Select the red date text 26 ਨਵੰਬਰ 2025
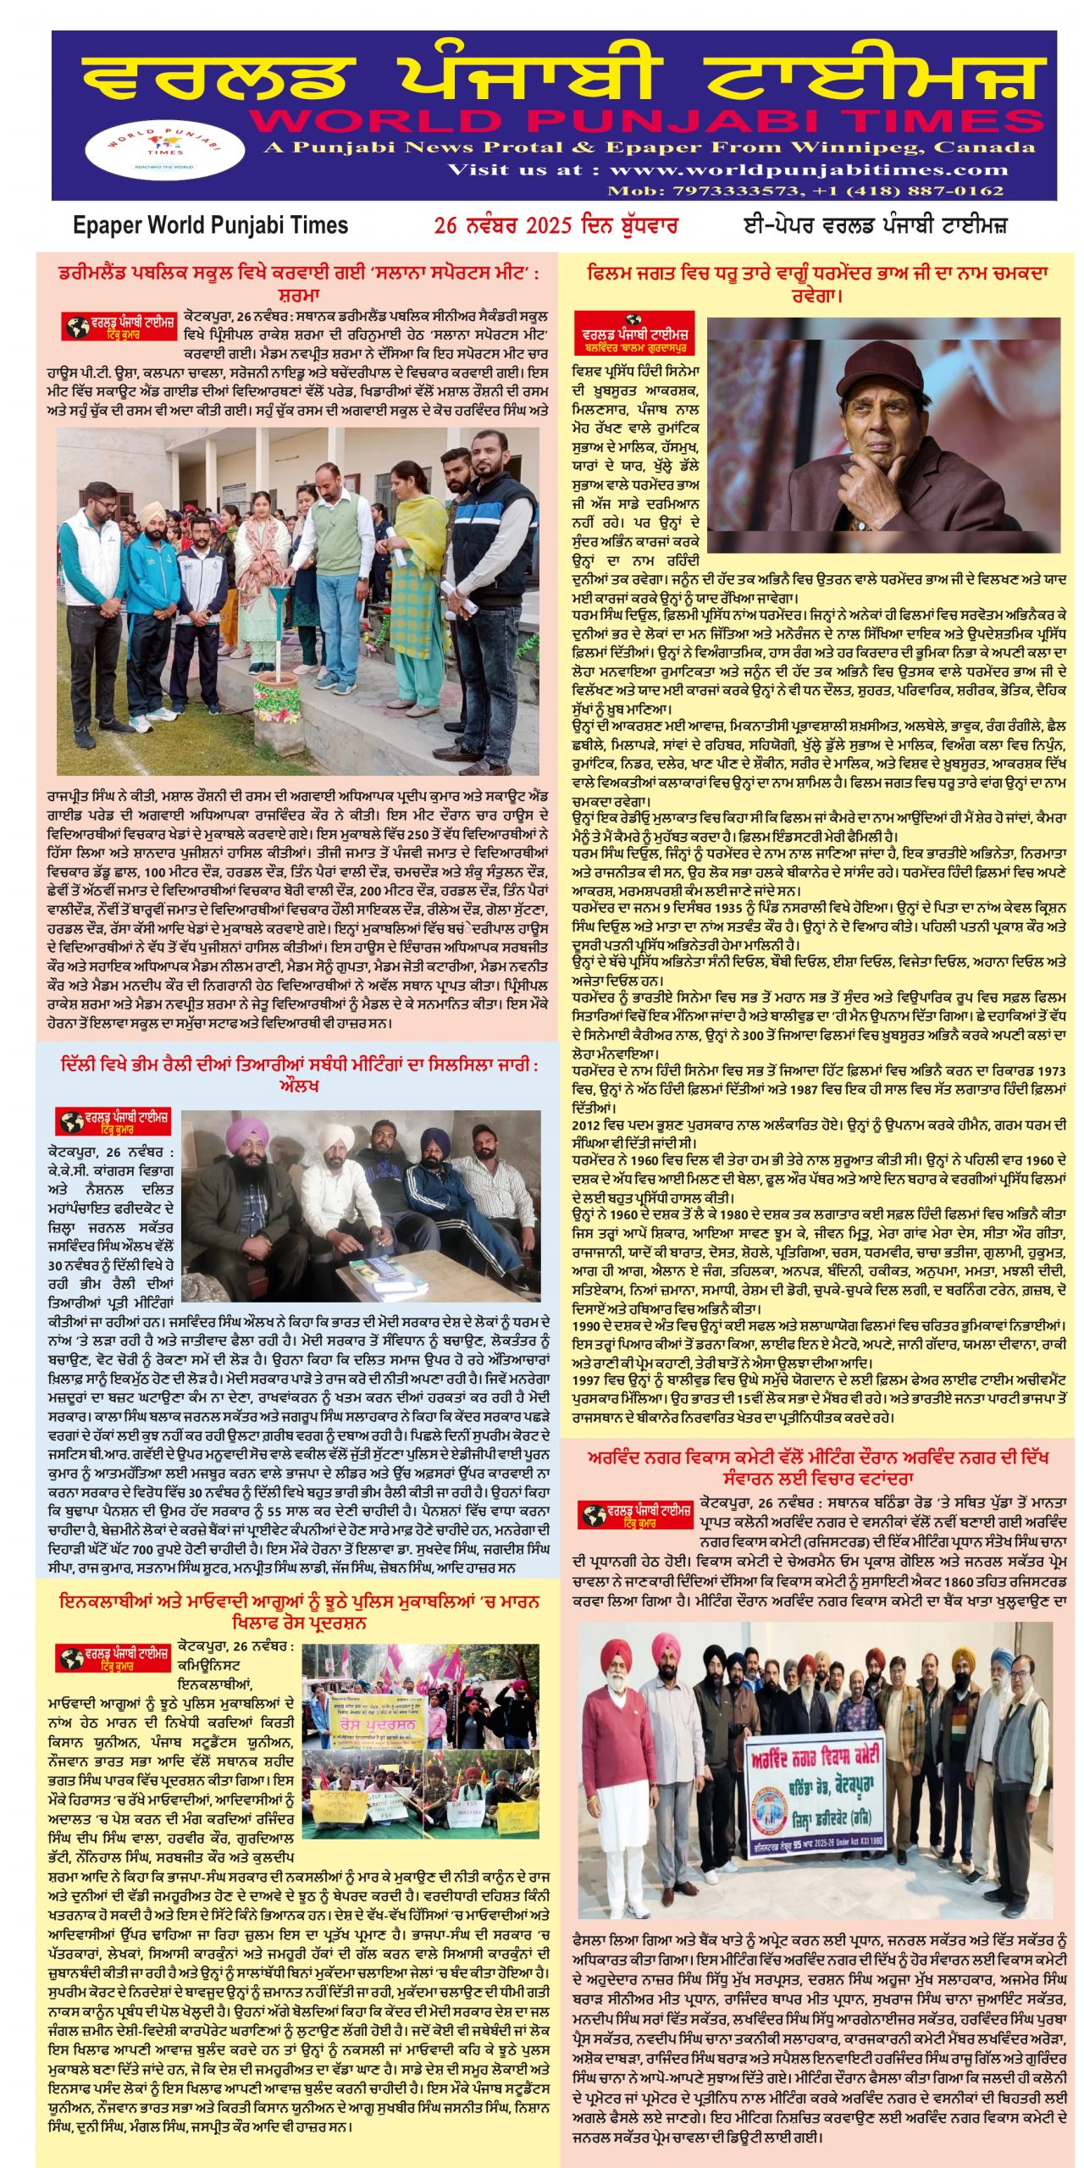[x=504, y=225]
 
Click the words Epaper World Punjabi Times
[x=211, y=225]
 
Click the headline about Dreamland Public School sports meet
[x=298, y=284]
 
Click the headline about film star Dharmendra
[x=817, y=284]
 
